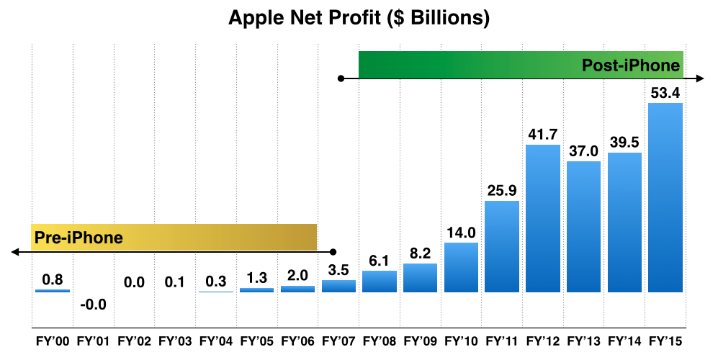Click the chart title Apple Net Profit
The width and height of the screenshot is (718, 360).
tap(359, 18)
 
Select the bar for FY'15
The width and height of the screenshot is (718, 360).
tap(665, 198)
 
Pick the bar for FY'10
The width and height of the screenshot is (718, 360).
tap(461, 267)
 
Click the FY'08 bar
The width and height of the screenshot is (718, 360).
tap(380, 282)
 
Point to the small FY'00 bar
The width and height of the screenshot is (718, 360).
tap(53, 291)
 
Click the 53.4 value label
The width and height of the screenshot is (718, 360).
tap(665, 93)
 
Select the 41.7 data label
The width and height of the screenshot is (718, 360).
tap(543, 135)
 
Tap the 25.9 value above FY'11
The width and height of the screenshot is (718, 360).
tap(502, 191)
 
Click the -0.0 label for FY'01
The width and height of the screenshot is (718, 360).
tap(94, 305)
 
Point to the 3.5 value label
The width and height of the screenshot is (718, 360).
tap(338, 270)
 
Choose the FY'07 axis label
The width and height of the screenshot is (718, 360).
tap(338, 341)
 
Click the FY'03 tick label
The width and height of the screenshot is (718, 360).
tap(175, 341)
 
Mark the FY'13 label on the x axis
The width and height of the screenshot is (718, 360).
tap(583, 341)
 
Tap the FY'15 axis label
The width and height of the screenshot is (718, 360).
tap(665, 341)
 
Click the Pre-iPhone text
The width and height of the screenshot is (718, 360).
tap(77, 237)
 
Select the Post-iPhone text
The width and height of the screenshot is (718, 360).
tap(631, 66)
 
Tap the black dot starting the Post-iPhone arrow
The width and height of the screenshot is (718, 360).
tap(341, 77)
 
